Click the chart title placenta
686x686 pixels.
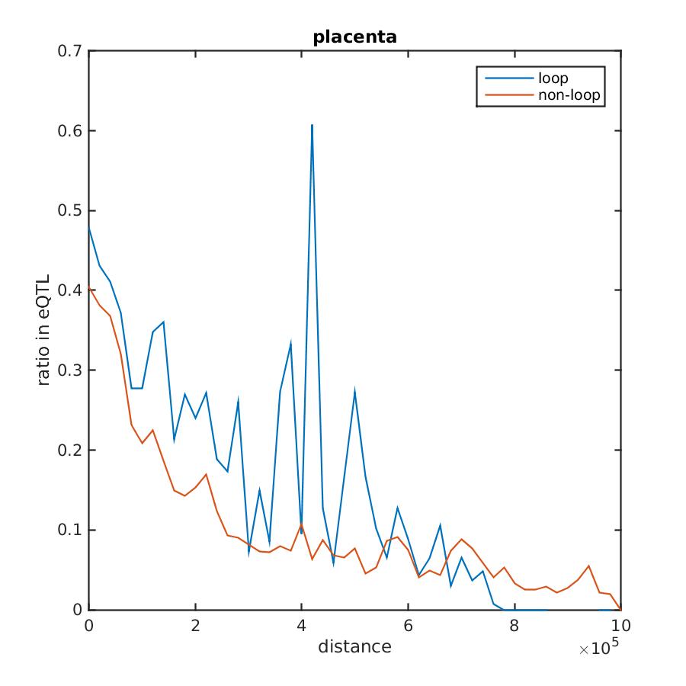354,37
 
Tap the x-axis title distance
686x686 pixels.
354,647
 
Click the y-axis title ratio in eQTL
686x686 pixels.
45,330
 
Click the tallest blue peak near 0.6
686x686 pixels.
313,125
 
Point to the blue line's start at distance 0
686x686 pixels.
89,226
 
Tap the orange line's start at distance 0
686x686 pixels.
89,287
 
